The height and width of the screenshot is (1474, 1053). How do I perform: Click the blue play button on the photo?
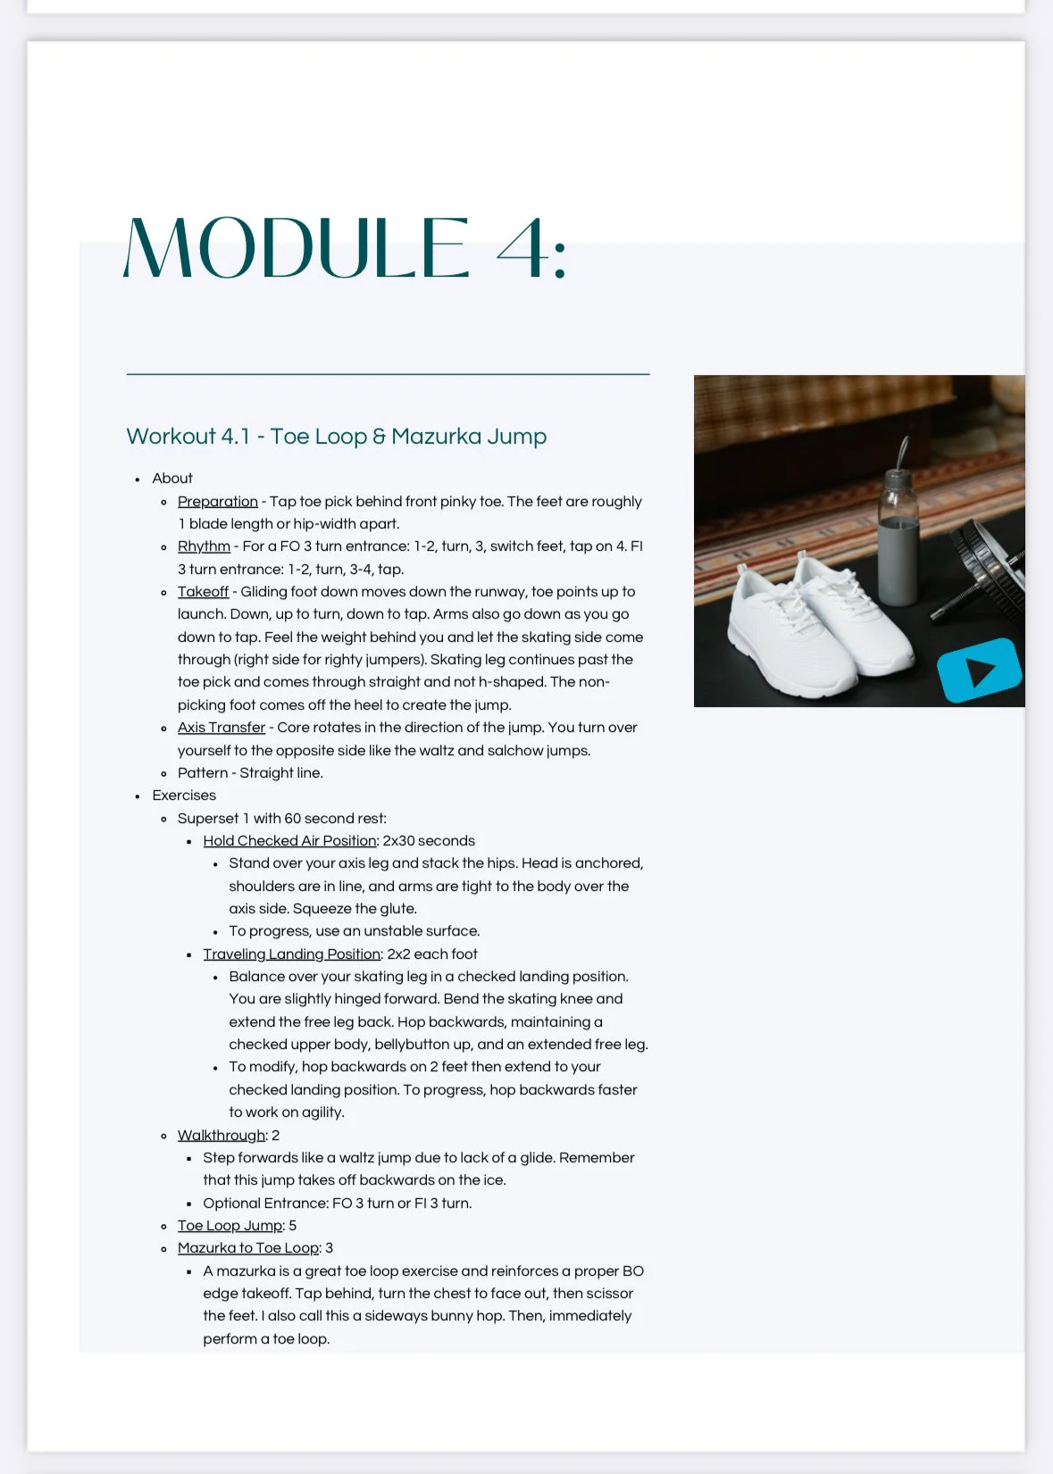point(979,670)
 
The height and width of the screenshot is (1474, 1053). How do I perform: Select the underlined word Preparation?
point(217,502)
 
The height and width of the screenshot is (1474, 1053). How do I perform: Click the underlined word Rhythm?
point(204,546)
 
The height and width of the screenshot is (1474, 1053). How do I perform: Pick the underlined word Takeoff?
point(203,592)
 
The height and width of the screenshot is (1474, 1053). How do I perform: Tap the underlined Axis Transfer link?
point(221,728)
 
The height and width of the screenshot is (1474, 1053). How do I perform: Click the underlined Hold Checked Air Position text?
point(289,841)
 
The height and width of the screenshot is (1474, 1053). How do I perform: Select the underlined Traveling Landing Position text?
point(291,954)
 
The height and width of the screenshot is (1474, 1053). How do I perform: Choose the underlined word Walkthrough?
point(221,1136)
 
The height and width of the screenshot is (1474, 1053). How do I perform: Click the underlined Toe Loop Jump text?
point(230,1226)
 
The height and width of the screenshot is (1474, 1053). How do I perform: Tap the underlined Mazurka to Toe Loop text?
point(248,1248)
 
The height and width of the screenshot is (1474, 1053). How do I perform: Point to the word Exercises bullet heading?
point(184,795)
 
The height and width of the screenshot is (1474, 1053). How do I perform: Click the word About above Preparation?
point(172,479)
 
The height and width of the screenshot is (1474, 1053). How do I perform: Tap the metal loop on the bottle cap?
point(904,451)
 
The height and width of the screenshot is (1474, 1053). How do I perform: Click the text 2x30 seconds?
point(429,841)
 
